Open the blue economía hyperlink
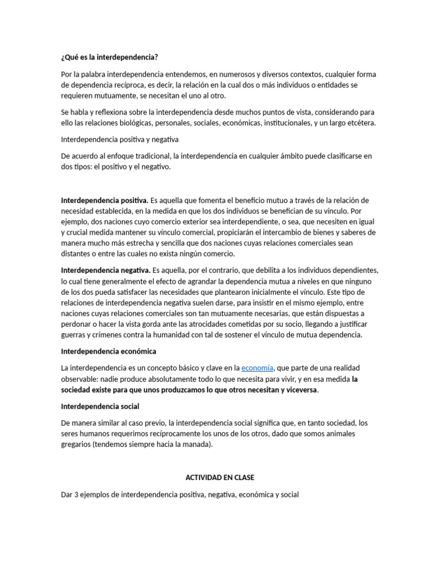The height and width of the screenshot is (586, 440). [257, 368]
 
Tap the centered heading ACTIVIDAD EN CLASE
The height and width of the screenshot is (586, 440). [220, 477]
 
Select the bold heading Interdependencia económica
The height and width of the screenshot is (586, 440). [108, 351]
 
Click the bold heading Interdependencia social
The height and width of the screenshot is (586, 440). [100, 406]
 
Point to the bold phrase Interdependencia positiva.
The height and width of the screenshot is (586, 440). [104, 200]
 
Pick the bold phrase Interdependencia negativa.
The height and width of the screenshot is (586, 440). [105, 270]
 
